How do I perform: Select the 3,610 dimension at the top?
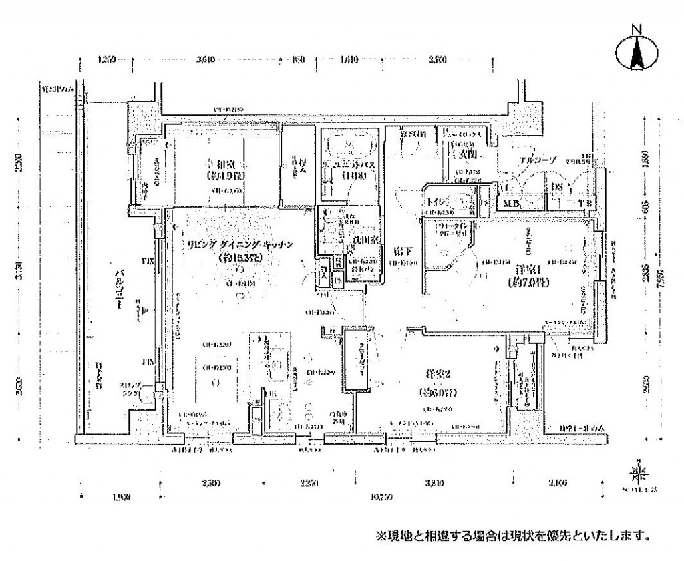point(207,60)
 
